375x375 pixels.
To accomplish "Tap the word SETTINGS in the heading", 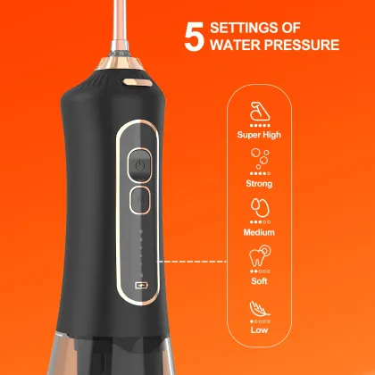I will tap(245, 27).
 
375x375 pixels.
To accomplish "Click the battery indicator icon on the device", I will tap(140, 287).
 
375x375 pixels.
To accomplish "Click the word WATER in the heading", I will tap(236, 45).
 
